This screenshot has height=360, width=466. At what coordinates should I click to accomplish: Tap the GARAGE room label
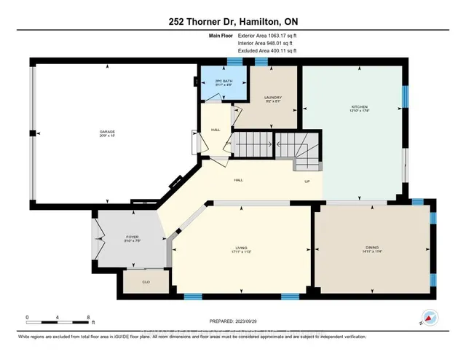tap(108, 133)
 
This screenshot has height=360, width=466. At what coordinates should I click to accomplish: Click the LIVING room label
tap(241, 249)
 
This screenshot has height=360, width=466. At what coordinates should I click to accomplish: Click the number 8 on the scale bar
tap(88, 317)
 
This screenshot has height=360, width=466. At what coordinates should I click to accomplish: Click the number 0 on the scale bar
tap(27, 317)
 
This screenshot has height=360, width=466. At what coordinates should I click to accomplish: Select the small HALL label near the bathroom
tap(216, 130)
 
